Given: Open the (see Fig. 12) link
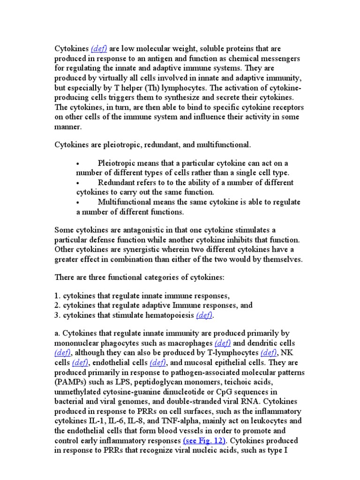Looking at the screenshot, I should (204, 441).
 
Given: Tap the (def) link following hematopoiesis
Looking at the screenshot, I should (205, 315).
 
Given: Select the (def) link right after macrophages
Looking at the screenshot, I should (224, 343).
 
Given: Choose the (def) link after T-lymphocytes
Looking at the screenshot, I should (269, 352).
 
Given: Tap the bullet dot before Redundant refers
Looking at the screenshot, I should (79, 182).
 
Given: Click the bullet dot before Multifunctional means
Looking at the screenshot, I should (79, 202).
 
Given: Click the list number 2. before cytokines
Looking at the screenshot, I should (58, 305).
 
